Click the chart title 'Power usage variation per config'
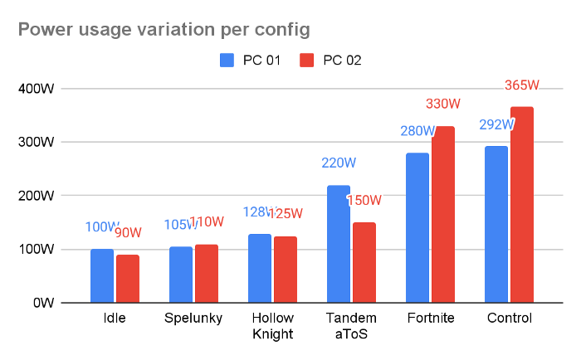tap(164, 31)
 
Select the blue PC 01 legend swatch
tap(227, 60)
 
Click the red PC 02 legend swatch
tap(307, 60)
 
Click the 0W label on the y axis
tap(43, 303)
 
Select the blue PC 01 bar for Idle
tap(102, 275)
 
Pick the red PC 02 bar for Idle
tap(128, 279)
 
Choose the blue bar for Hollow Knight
tap(260, 268)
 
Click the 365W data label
tap(522, 85)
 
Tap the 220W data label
tap(339, 163)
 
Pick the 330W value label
tap(443, 104)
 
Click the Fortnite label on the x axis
tap(431, 319)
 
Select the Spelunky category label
tap(193, 319)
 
